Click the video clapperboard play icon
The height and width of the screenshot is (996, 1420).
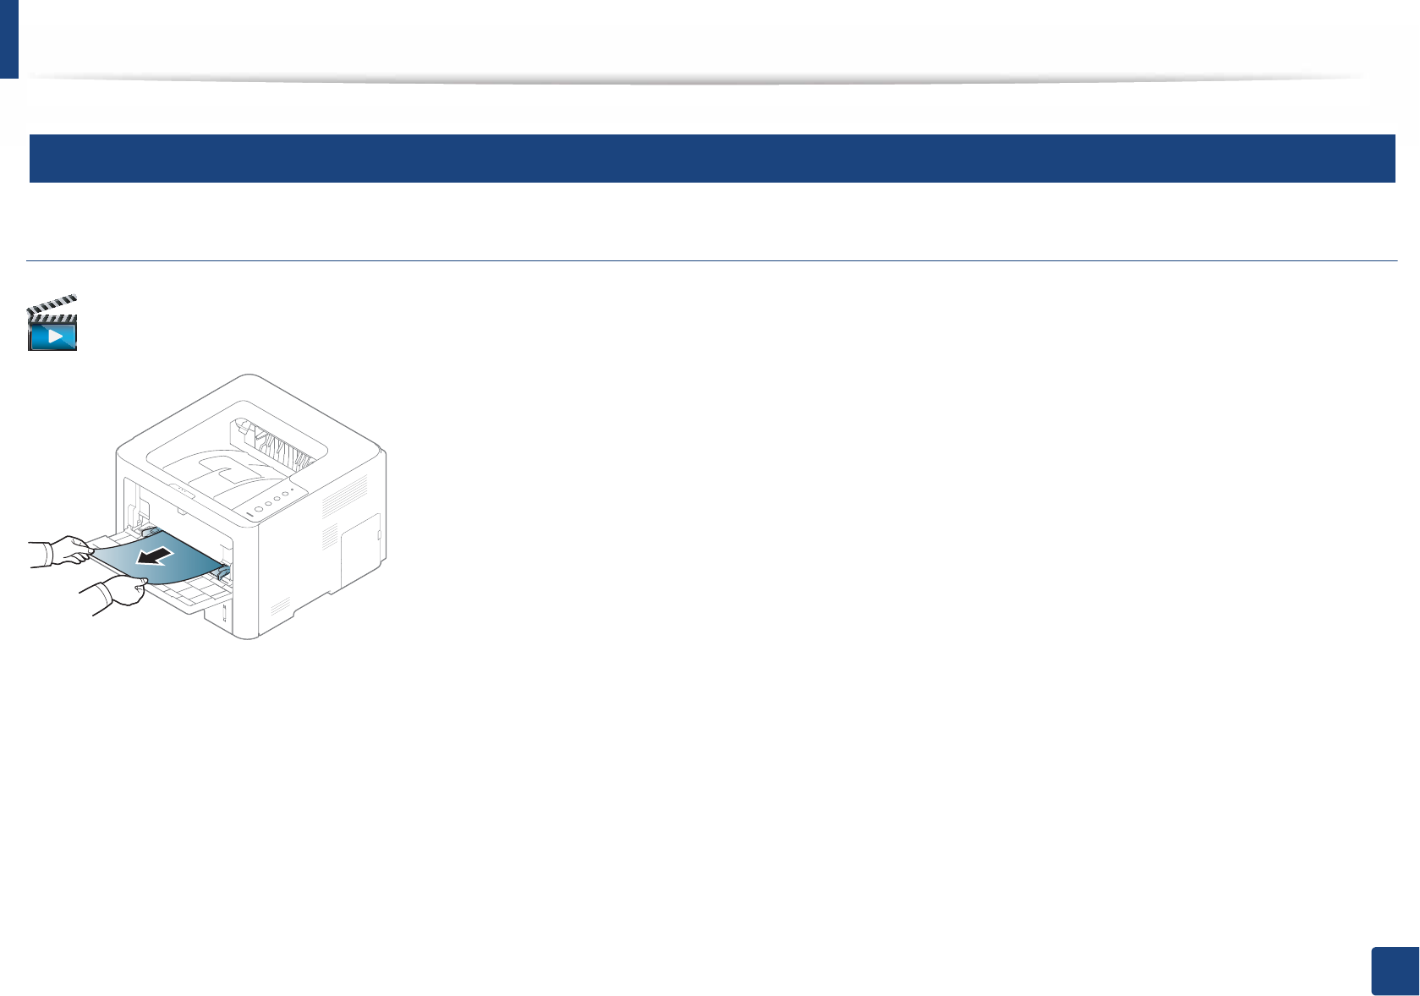pyautogui.click(x=52, y=323)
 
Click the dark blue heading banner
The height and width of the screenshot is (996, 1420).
pyautogui.click(x=711, y=158)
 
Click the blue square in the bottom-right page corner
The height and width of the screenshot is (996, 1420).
pyautogui.click(x=1394, y=971)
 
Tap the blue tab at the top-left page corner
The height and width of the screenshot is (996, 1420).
pyautogui.click(x=8, y=39)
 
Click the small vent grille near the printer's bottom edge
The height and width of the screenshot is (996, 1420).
pyautogui.click(x=280, y=607)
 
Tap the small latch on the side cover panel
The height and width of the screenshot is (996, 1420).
pyautogui.click(x=378, y=535)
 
